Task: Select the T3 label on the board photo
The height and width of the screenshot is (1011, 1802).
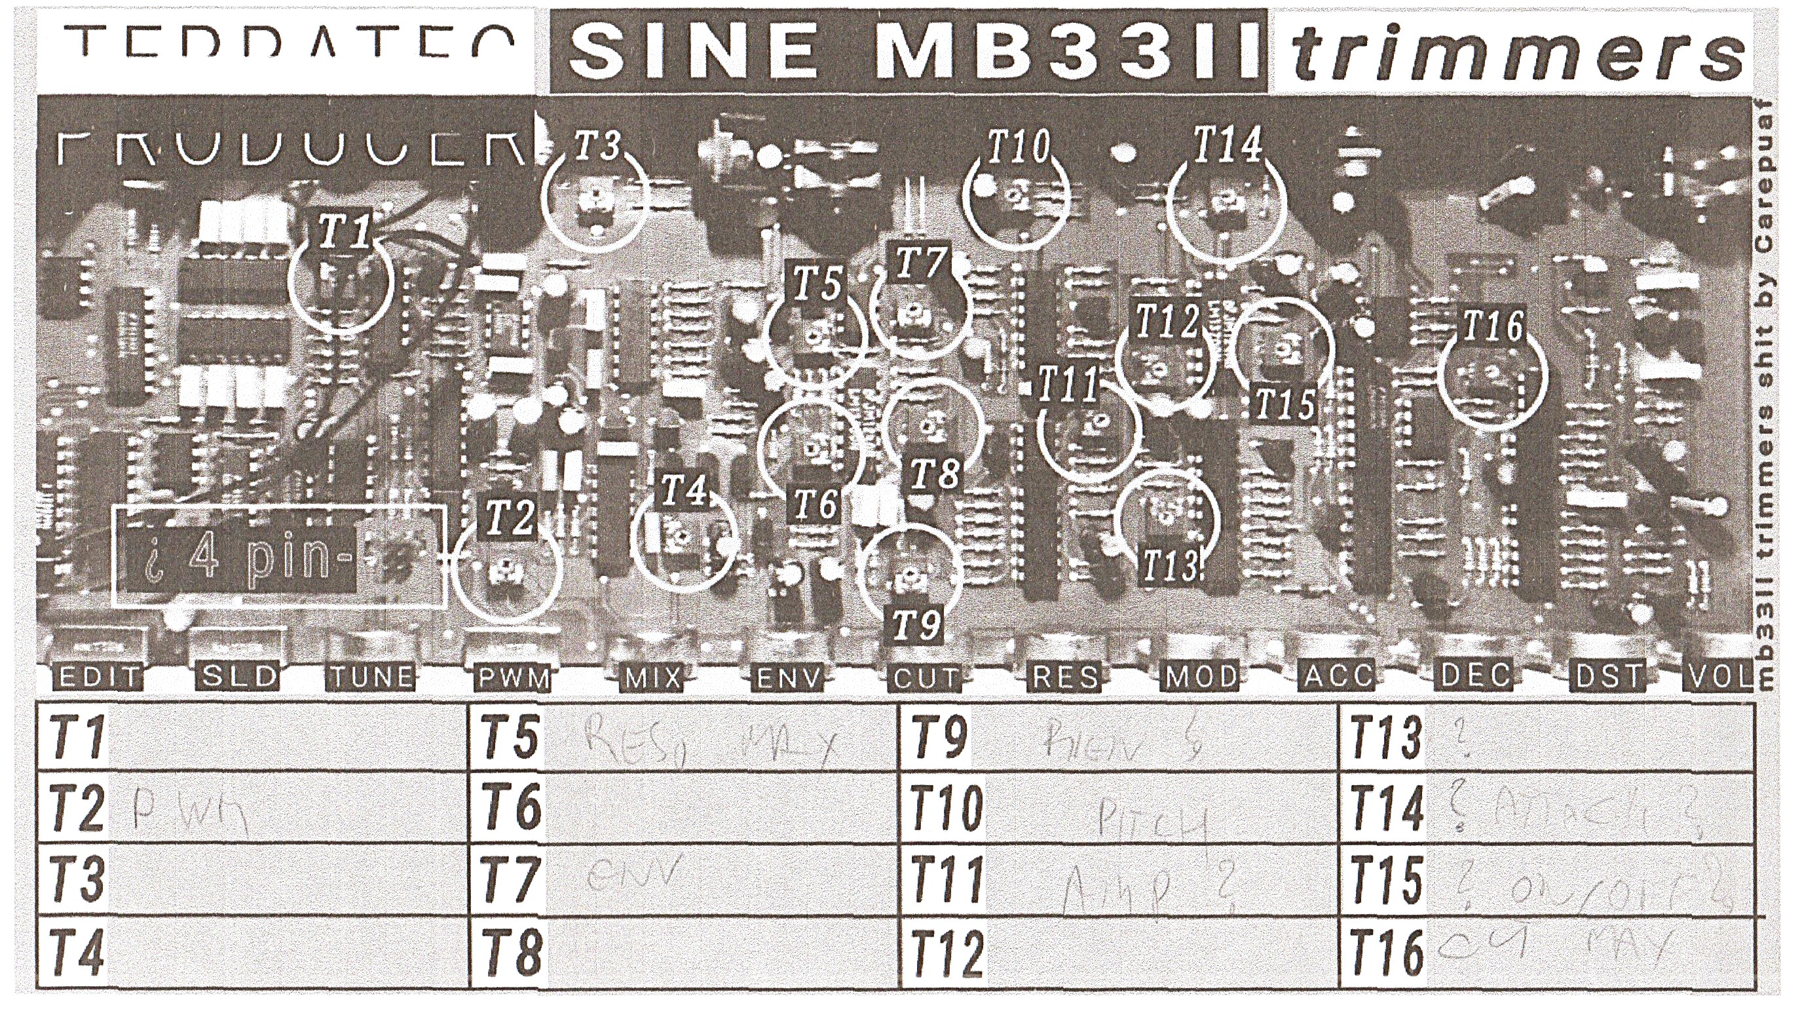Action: [597, 145]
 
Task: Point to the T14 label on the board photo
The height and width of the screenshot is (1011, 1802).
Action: [1227, 145]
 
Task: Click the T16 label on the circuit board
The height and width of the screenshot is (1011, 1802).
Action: [1493, 326]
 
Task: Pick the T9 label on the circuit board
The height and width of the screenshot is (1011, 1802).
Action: [917, 624]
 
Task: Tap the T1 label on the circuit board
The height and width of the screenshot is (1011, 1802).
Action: [343, 231]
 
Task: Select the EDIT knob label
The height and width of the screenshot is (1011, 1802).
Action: [99, 677]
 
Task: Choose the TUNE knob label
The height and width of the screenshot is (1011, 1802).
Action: [371, 677]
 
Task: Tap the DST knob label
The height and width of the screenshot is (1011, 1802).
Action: [1608, 677]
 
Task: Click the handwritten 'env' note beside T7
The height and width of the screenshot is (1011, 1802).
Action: [633, 875]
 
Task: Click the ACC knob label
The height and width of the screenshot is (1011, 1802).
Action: [1337, 677]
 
